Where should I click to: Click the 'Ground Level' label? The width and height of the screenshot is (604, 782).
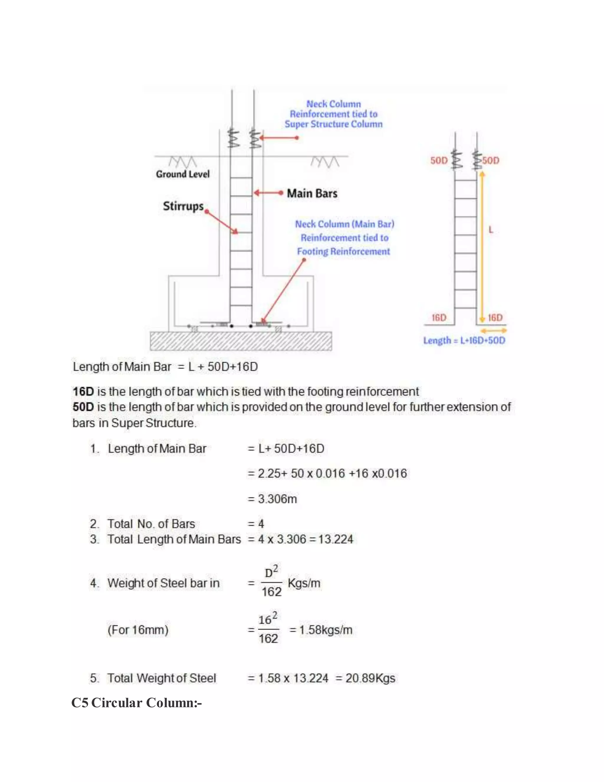(x=183, y=174)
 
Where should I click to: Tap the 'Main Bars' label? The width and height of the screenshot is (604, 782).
(x=312, y=193)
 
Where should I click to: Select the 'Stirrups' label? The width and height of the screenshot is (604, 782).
(x=183, y=206)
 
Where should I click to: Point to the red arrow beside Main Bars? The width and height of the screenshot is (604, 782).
(x=268, y=193)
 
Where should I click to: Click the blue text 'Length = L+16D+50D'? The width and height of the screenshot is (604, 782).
(x=464, y=341)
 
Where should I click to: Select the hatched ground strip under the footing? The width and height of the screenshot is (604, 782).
(x=240, y=341)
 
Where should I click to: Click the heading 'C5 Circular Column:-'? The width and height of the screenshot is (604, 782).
(x=136, y=703)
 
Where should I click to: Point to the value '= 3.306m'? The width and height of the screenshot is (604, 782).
(x=273, y=499)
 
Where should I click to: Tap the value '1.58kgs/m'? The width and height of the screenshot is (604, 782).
(x=326, y=630)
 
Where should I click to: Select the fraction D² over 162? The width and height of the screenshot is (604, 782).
(x=271, y=583)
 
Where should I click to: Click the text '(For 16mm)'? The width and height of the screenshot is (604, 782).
(x=138, y=630)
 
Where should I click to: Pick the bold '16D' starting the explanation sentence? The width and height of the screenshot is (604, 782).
(x=83, y=391)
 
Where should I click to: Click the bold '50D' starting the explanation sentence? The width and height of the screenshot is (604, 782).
(x=83, y=407)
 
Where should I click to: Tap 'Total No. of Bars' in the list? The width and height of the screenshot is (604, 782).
(x=151, y=524)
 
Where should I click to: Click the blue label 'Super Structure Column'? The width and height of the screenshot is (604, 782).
(x=334, y=124)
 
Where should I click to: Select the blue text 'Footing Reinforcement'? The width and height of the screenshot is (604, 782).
(x=343, y=251)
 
